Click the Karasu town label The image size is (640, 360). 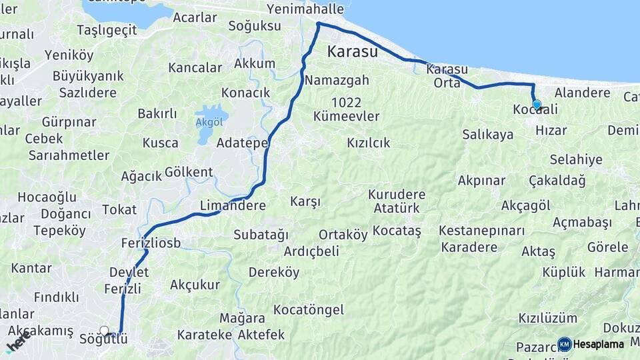(353, 51)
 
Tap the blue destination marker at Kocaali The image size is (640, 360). (536, 105)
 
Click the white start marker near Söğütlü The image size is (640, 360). (104, 331)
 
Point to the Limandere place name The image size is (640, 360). (233, 206)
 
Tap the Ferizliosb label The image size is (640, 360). (151, 243)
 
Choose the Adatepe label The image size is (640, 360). (243, 143)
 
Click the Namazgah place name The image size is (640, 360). (337, 80)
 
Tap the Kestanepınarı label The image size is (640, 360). (482, 231)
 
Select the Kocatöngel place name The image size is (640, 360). (309, 309)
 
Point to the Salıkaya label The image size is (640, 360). (488, 135)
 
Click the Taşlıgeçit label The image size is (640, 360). (107, 30)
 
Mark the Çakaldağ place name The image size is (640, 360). (557, 181)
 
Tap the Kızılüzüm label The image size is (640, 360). (549, 318)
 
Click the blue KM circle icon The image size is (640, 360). (565, 344)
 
